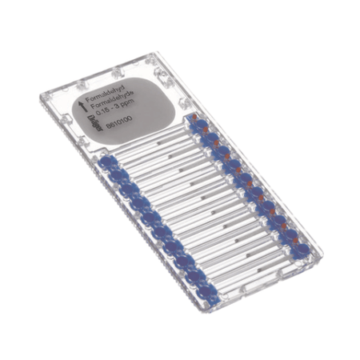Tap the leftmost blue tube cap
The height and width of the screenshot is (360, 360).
[x=103, y=164]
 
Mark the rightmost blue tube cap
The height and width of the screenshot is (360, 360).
[x=302, y=249]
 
